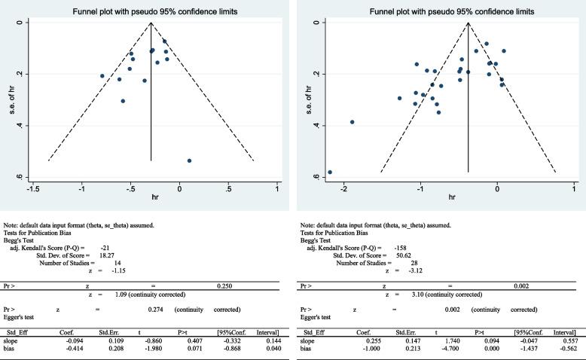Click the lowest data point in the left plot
pos(189,160)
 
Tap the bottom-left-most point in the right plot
pos(330,172)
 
